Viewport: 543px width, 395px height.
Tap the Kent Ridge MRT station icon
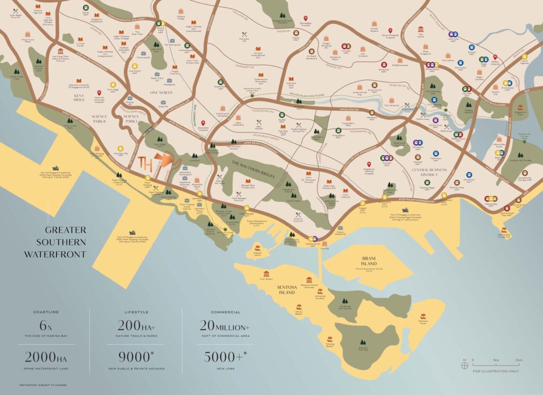113,84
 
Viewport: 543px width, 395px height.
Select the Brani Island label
366,260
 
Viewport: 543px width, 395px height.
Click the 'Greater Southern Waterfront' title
55,242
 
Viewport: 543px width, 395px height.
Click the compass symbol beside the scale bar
465,364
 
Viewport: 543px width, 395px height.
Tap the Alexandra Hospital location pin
203,123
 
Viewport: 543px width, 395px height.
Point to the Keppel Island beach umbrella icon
257,248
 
